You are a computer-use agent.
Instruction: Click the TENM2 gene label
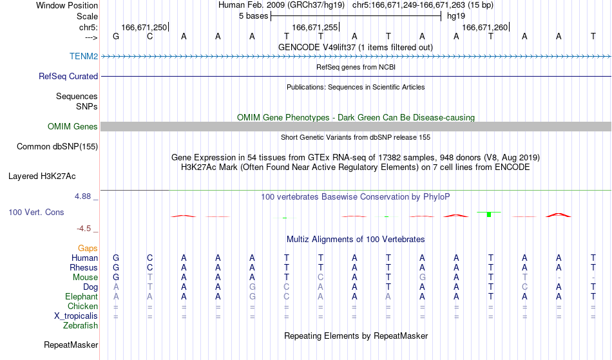pyautogui.click(x=84, y=56)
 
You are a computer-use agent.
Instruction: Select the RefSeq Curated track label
pyautogui.click(x=68, y=76)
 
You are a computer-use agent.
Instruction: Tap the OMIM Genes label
pyautogui.click(x=73, y=126)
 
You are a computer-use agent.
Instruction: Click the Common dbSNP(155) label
pyautogui.click(x=57, y=147)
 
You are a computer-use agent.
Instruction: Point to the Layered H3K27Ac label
pyautogui.click(x=42, y=176)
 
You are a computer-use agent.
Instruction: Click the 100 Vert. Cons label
pyautogui.click(x=36, y=212)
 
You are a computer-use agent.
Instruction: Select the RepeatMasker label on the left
pyautogui.click(x=71, y=345)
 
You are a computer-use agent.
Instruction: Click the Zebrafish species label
pyautogui.click(x=81, y=325)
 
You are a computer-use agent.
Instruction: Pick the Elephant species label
pyautogui.click(x=82, y=296)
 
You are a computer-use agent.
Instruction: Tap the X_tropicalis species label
pyautogui.click(x=76, y=316)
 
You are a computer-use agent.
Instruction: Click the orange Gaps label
pyautogui.click(x=88, y=249)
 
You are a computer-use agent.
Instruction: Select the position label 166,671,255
pyautogui.click(x=314, y=27)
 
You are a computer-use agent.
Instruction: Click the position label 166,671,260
pyautogui.click(x=484, y=27)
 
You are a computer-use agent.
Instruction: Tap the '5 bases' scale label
pyautogui.click(x=254, y=16)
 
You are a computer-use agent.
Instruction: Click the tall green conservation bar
pyautogui.click(x=489, y=214)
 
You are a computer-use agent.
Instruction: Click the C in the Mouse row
pyautogui.click(x=320, y=278)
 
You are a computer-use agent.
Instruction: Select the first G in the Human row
pyautogui.click(x=116, y=258)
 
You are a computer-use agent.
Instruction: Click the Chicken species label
pyautogui.click(x=82, y=306)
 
